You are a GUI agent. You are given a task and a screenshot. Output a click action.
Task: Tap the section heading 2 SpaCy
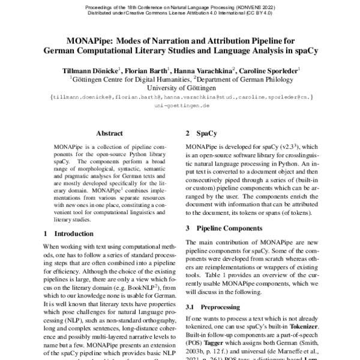pos(202,133)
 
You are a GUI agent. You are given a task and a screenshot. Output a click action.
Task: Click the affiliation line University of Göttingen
pos(181,86)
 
